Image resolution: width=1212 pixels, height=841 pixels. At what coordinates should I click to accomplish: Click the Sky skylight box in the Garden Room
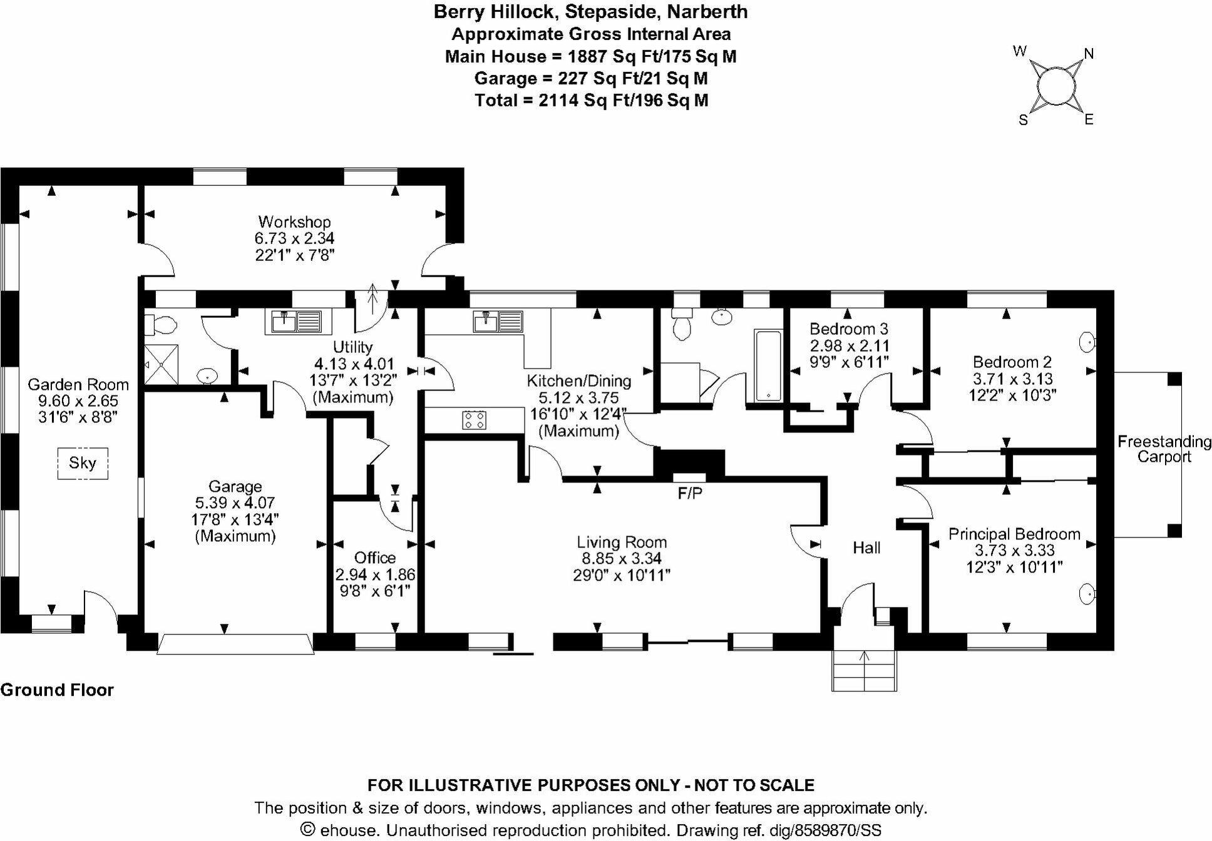click(83, 463)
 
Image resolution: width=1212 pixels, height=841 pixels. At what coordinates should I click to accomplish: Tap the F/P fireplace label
click(690, 494)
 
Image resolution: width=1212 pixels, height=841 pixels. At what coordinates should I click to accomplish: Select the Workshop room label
click(294, 222)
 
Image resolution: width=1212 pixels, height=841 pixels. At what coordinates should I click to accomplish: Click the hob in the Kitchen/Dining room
click(474, 419)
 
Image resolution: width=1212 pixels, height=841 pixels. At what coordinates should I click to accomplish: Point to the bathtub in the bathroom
click(768, 365)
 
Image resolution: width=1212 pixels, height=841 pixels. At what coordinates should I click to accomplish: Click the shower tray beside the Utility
click(161, 364)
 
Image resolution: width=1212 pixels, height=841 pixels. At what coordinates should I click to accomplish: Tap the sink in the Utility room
click(297, 322)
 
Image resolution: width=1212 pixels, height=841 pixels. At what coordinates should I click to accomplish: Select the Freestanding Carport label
click(1164, 449)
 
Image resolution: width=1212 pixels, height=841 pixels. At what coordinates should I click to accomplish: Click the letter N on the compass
click(1089, 54)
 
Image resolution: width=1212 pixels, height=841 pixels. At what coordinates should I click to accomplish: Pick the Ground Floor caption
click(57, 690)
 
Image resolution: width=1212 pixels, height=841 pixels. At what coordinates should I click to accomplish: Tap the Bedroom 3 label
click(848, 329)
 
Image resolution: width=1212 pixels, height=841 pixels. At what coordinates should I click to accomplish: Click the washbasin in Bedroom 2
click(1088, 342)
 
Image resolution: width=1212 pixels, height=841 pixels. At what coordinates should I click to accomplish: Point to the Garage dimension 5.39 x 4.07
click(235, 502)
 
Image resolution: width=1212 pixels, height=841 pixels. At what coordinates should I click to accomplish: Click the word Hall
click(866, 548)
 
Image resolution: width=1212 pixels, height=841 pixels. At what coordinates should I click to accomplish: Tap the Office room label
click(375, 557)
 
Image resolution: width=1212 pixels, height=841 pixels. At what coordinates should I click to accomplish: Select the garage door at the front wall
click(235, 645)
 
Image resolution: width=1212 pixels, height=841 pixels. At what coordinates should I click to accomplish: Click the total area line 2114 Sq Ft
click(591, 100)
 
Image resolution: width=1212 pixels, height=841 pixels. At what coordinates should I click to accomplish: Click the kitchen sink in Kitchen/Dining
click(498, 322)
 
